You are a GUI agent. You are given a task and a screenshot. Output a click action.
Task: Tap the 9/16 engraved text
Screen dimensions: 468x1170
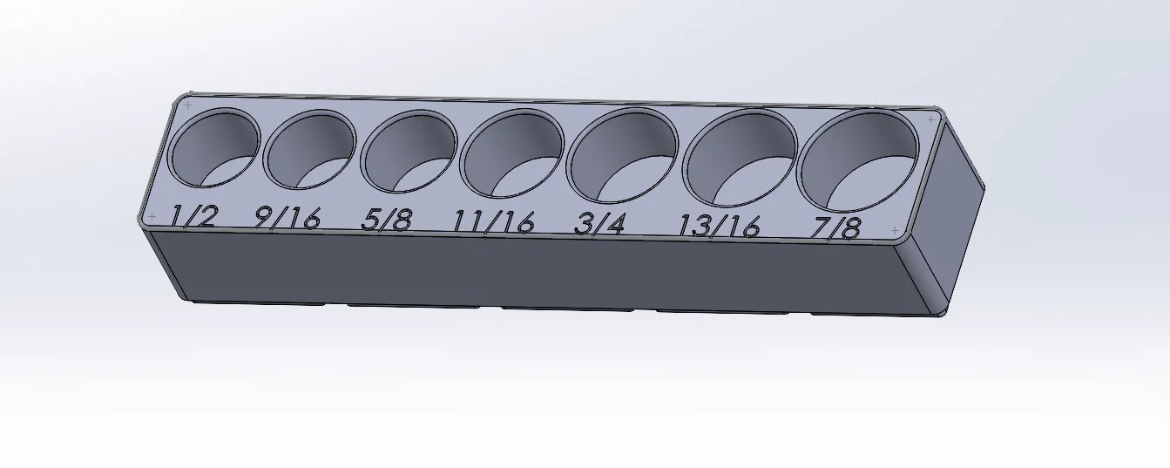click(x=287, y=217)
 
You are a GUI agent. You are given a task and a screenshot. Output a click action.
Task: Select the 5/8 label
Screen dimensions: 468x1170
click(x=386, y=219)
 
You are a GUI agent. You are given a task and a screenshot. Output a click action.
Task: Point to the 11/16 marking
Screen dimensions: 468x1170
click(x=493, y=222)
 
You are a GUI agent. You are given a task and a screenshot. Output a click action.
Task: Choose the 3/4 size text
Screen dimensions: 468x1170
click(x=600, y=224)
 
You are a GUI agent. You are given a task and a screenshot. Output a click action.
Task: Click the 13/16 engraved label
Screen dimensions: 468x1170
click(x=720, y=226)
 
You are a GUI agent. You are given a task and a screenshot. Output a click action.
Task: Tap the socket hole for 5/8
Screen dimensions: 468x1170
click(x=410, y=152)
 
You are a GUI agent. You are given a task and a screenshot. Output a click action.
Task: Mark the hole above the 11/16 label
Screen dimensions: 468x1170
click(x=511, y=155)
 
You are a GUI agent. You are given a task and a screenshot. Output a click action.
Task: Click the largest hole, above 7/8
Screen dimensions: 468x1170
click(x=861, y=161)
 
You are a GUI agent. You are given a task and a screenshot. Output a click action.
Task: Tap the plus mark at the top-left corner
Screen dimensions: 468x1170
click(x=187, y=105)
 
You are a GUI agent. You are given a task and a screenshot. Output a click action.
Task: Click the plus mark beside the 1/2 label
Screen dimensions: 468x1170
click(x=152, y=215)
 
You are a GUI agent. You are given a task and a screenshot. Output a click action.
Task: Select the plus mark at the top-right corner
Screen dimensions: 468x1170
click(x=930, y=119)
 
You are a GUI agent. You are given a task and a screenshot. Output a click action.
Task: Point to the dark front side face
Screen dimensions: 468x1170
click(x=523, y=270)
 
